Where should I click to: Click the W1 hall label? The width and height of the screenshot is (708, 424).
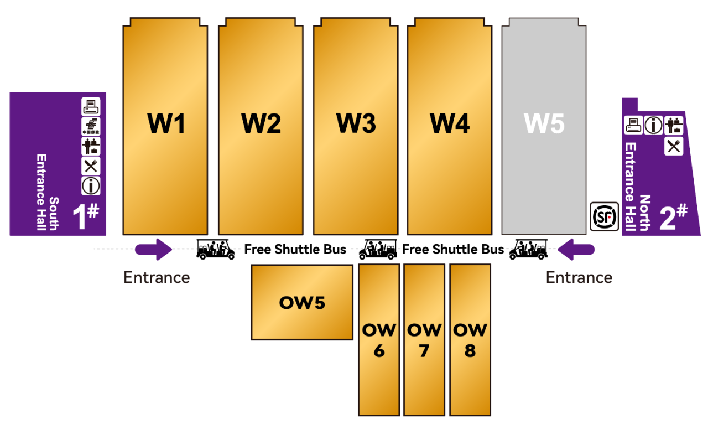tap(166, 123)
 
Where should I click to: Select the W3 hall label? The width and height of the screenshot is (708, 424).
tap(356, 123)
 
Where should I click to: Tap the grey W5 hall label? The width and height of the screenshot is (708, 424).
tap(544, 123)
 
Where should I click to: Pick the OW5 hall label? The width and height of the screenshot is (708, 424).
tap(302, 302)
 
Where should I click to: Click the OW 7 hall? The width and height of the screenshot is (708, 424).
tap(424, 340)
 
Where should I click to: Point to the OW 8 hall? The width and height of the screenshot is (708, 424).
tap(470, 340)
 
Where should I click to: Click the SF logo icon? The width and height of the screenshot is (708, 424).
tap(605, 217)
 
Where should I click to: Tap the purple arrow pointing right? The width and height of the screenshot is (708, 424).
tap(154, 250)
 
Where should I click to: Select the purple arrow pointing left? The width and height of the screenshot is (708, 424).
tap(576, 250)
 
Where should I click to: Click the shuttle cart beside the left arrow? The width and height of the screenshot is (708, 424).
tap(216, 249)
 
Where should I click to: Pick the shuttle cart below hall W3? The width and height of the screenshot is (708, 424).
tap(378, 249)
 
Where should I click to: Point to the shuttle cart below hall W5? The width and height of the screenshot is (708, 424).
tap(528, 249)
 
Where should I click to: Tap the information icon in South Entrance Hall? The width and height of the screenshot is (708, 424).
tap(91, 186)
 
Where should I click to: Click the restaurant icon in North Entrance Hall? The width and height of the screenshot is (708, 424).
tap(674, 146)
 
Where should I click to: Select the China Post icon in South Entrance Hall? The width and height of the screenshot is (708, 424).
tap(91, 126)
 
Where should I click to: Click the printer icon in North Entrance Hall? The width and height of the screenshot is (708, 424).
tap(633, 125)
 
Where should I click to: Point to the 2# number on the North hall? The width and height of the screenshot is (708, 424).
tap(674, 216)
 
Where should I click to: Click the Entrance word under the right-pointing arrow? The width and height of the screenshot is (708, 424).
tap(157, 277)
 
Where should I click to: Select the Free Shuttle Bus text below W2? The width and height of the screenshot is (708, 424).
tap(295, 249)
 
